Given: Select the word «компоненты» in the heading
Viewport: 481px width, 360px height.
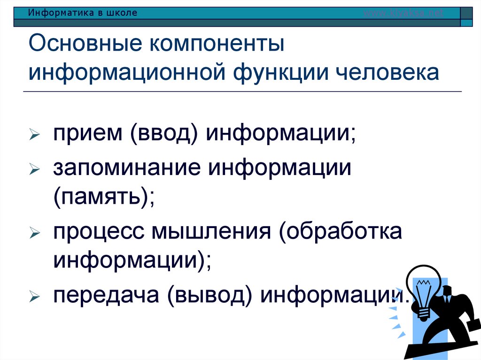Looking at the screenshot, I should pyautogui.click(x=217, y=46).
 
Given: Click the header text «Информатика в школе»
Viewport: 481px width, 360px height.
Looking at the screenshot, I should pyautogui.click(x=83, y=13).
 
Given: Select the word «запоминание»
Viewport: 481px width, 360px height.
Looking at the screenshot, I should pyautogui.click(x=125, y=168).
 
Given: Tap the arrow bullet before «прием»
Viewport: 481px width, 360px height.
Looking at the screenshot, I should pyautogui.click(x=33, y=136).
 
